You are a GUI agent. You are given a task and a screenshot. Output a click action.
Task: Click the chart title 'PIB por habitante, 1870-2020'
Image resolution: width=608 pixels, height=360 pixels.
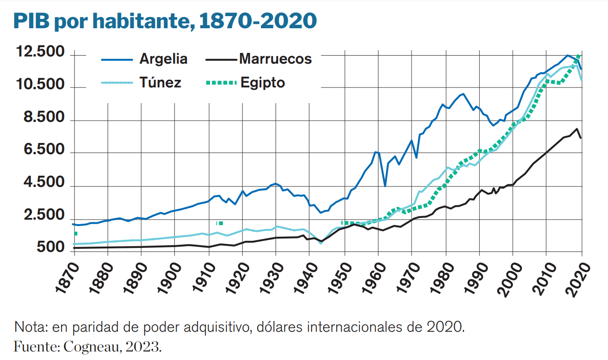165,21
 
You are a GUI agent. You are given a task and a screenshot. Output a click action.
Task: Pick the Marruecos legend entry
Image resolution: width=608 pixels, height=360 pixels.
275,59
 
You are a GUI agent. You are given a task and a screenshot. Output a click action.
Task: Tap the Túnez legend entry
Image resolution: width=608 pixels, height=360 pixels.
160,82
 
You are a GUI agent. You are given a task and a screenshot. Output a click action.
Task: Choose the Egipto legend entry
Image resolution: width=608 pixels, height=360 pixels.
262,82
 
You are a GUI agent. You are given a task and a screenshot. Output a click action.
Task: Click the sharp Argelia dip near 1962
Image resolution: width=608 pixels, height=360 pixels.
385,186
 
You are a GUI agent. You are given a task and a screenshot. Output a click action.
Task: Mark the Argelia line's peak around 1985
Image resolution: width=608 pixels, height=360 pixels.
463,94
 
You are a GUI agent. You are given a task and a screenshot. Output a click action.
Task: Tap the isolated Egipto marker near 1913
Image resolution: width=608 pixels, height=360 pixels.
220,223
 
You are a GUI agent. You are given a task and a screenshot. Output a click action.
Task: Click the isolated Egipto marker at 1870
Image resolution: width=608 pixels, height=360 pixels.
76,234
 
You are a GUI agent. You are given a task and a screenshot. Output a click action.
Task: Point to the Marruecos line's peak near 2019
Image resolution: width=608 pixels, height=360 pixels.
577,129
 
